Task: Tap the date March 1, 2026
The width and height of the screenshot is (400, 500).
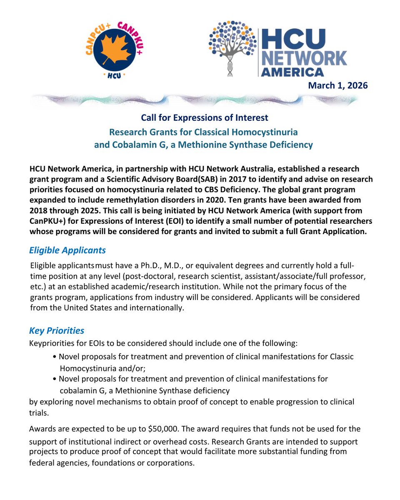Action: pyautogui.click(x=337, y=85)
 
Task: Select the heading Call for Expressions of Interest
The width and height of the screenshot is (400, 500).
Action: pyautogui.click(x=204, y=118)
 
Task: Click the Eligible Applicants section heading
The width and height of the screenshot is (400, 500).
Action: pyautogui.click(x=67, y=250)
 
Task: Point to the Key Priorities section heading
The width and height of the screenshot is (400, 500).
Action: pyautogui.click(x=56, y=330)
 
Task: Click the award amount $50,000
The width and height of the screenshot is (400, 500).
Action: pyautogui.click(x=162, y=429)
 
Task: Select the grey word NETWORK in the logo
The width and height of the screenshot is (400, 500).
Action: pyautogui.click(x=304, y=57)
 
